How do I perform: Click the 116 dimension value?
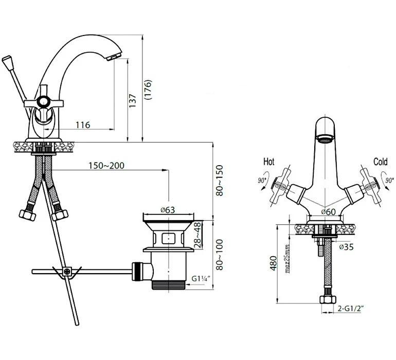pos(83,125)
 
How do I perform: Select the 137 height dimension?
pos(132,101)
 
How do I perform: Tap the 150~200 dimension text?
pos(106,166)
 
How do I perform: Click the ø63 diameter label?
pos(168,210)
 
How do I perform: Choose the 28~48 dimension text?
pos(198,235)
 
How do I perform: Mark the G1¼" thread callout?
pos(201,279)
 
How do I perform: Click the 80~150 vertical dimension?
pos(220,181)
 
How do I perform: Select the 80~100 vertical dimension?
pos(220,255)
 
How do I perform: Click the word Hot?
pos(268,161)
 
